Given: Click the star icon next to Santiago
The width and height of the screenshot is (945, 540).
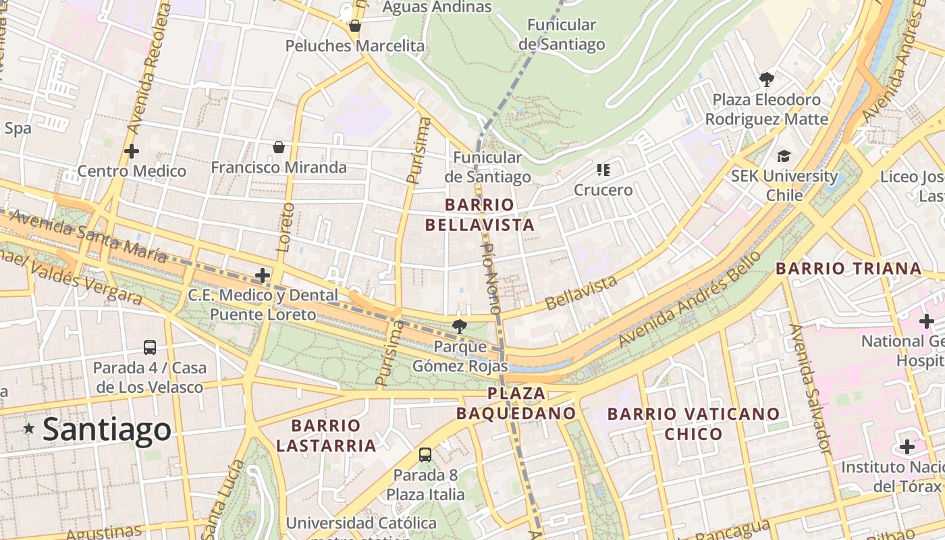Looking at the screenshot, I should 29,429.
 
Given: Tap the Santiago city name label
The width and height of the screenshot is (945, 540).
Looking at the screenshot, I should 107,430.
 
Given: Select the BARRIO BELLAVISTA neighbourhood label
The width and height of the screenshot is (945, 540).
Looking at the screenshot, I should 480,215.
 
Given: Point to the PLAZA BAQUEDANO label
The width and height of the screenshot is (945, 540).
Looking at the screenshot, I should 516,403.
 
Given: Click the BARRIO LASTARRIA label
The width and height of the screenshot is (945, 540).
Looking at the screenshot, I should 326,435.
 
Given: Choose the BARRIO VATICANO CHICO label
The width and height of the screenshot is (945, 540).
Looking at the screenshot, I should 694,423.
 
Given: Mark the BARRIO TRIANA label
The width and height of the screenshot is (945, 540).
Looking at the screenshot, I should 848,269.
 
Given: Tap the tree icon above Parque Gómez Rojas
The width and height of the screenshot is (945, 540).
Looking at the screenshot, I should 460,327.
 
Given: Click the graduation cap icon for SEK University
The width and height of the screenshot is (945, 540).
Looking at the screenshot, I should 784,157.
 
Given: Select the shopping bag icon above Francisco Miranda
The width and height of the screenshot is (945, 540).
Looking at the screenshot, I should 278,147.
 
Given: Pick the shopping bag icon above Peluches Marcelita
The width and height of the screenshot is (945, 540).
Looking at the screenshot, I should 354,26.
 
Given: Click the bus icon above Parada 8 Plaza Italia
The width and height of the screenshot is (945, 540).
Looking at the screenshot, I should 425,455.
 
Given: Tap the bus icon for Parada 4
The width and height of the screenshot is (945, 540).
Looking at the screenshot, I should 150,348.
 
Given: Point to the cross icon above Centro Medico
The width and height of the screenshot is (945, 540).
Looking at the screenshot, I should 132,151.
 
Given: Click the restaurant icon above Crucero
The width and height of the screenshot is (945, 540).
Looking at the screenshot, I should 603,170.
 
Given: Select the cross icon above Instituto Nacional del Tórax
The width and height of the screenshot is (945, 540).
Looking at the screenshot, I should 907,447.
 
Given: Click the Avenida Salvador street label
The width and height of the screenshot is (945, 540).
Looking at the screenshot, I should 809,388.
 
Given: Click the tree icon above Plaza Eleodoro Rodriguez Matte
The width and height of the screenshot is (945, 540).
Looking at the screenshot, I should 767,80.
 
